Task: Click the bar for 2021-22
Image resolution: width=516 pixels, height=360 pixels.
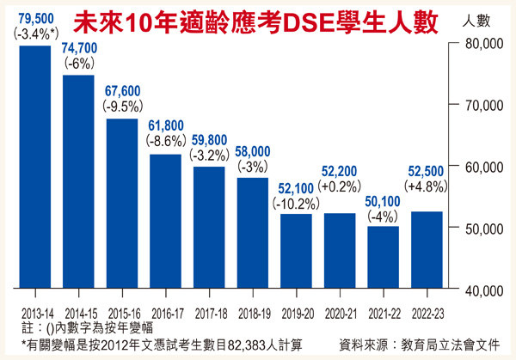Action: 383,258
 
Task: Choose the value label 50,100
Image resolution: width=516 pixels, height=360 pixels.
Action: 383,201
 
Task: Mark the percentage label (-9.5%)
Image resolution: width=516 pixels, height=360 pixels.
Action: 121,107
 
